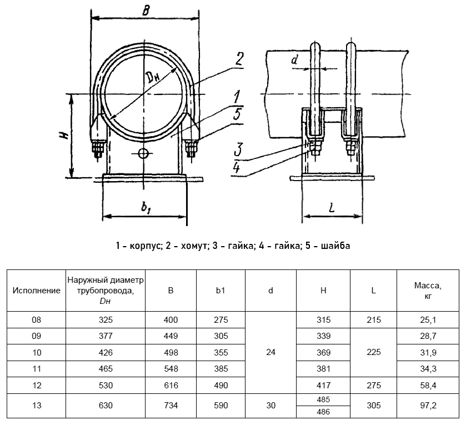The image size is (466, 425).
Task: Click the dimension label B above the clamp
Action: [x=146, y=9]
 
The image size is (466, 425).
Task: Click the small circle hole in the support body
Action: [x=143, y=153]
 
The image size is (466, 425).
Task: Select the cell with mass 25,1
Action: [x=428, y=319]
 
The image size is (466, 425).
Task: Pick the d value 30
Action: [x=270, y=406]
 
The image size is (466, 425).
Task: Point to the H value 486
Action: [x=324, y=412]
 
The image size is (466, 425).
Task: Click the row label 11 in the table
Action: [x=37, y=368]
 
